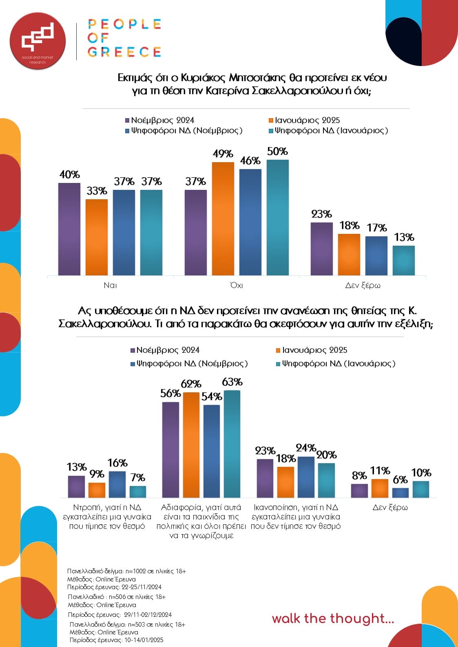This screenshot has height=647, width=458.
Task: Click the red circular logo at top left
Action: click(x=38, y=41)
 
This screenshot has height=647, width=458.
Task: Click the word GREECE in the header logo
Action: click(x=124, y=52)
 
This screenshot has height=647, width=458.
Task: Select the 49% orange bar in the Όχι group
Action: click(x=223, y=218)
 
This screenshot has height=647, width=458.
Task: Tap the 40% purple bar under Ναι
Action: click(x=69, y=229)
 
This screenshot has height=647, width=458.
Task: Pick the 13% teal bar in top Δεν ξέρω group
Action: click(x=403, y=260)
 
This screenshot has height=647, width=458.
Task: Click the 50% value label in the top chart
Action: click(x=277, y=152)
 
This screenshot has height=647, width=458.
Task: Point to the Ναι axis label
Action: click(x=110, y=285)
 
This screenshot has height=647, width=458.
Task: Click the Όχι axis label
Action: click(x=237, y=285)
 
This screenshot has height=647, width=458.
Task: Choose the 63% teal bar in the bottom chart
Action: click(x=232, y=444)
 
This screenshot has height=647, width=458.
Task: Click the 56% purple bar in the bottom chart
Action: click(x=170, y=450)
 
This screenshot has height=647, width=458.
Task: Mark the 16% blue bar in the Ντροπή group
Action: click(x=117, y=484)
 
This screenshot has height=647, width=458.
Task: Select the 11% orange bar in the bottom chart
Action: click(x=380, y=488)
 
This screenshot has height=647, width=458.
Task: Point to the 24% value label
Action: click(x=306, y=448)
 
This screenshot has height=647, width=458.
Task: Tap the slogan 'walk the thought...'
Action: click(x=333, y=618)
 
